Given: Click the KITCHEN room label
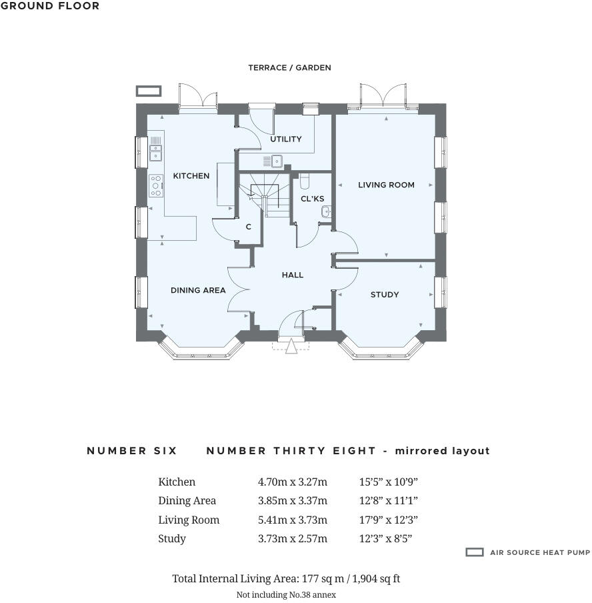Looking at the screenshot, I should (191, 176).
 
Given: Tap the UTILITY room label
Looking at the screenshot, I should (286, 139).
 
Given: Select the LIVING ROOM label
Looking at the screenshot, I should (386, 185).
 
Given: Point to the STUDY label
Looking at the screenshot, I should (385, 295).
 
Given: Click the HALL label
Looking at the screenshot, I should (293, 275).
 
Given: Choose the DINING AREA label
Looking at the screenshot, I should (198, 290).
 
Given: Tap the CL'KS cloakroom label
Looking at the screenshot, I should (313, 199).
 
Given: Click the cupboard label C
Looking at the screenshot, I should (248, 227).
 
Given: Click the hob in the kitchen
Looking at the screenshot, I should (156, 185).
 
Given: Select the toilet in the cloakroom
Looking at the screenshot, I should (305, 180).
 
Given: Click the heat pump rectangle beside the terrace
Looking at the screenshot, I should (149, 91).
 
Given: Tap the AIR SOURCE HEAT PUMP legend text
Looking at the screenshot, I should (540, 553).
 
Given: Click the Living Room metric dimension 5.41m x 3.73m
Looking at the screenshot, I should (293, 520).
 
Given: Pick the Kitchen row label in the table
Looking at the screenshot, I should (177, 482).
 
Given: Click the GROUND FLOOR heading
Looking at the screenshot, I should (50, 6).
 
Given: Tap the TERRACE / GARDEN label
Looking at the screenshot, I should (289, 68).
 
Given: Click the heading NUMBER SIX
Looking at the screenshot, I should (132, 451).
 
